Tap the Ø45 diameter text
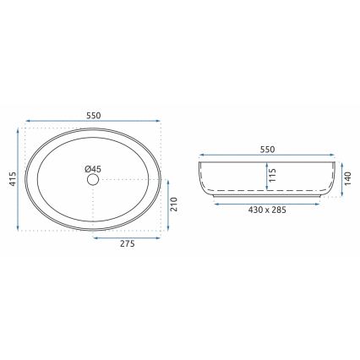point(93,169)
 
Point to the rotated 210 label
point(175,205)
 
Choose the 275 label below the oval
point(126,246)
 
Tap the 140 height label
point(346,178)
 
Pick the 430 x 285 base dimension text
point(267,210)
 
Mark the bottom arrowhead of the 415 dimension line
point(19,229)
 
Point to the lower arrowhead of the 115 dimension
point(265,191)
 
